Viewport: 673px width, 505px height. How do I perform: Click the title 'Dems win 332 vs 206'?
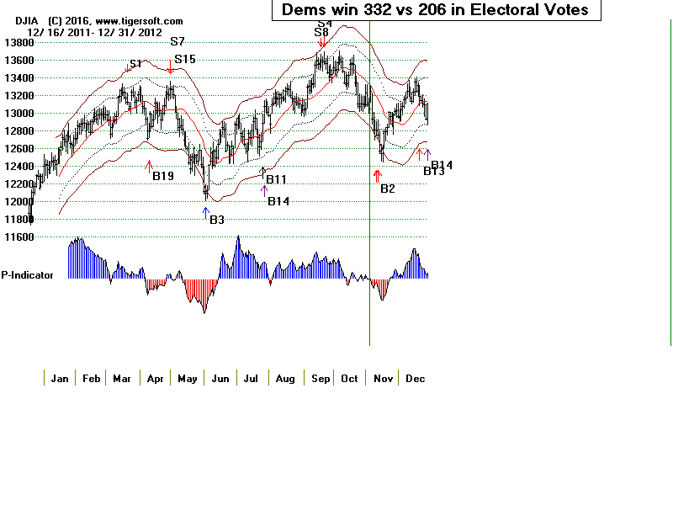[x=430, y=10]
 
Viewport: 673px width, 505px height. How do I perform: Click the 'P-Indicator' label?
[x=27, y=274]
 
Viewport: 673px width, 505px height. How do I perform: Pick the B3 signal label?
[x=216, y=220]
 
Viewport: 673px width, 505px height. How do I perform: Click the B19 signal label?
[x=162, y=176]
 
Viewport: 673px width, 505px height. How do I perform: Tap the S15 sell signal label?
[x=184, y=60]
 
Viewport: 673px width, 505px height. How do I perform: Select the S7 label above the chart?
[x=177, y=41]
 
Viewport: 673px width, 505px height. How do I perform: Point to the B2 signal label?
[x=387, y=189]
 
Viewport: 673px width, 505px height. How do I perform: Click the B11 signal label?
[x=276, y=179]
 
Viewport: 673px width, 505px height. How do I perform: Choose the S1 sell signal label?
[x=135, y=64]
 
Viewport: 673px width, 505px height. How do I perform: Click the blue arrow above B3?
[x=205, y=212]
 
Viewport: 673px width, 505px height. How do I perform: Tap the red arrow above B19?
[x=149, y=166]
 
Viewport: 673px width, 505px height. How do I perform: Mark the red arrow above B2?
[x=376, y=176]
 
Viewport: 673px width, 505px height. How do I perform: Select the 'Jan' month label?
[x=59, y=379]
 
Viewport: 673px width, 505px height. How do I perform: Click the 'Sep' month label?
[x=320, y=379]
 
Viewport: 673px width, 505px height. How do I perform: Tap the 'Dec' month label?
[x=415, y=379]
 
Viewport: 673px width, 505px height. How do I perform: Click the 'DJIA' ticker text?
[x=14, y=20]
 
